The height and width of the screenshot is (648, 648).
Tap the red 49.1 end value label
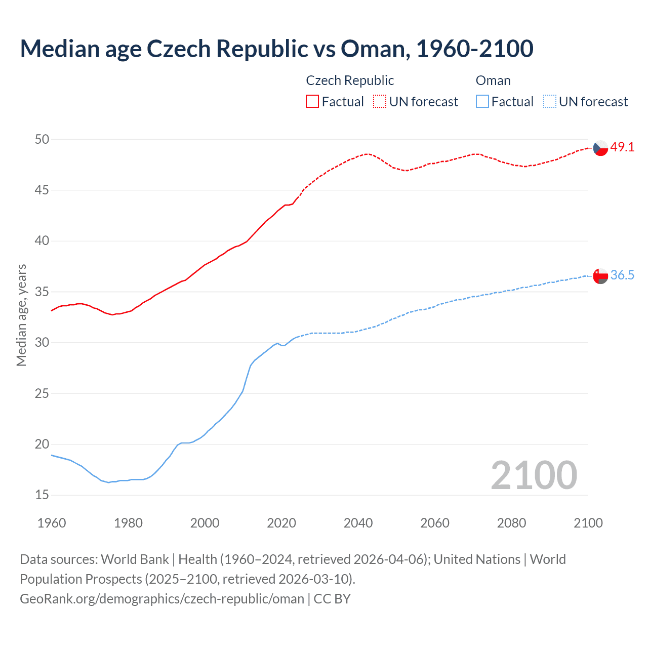point(622,147)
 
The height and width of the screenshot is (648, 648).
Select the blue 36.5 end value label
point(622,275)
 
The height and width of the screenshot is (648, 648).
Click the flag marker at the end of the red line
point(600,148)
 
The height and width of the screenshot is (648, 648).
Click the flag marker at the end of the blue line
point(600,276)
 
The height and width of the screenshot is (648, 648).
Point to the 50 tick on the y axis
point(42,139)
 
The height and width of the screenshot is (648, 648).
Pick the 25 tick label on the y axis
point(42,393)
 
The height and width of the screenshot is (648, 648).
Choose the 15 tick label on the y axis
point(42,495)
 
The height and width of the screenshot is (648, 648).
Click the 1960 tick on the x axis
point(52,523)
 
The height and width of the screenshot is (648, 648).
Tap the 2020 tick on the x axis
point(281,523)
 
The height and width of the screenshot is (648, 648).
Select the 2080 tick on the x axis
point(511,523)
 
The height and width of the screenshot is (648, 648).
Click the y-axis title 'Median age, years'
point(21,315)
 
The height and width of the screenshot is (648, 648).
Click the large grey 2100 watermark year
point(534,475)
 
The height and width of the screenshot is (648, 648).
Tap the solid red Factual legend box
point(312,102)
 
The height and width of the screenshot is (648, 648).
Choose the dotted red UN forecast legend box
point(380,102)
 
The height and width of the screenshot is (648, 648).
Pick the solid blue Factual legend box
point(482,102)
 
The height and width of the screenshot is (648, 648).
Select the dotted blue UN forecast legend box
point(549,102)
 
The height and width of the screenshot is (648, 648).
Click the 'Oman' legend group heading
point(493,80)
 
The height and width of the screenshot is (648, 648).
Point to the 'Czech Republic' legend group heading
point(350,80)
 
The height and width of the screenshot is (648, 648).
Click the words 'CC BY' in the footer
point(332,599)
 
